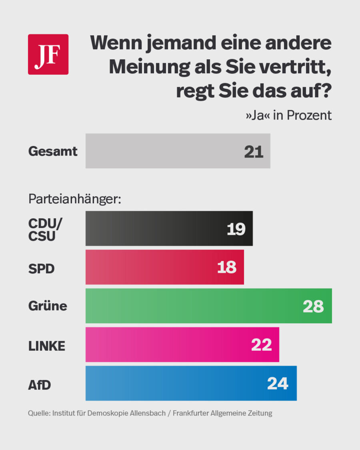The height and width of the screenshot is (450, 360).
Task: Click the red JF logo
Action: pyautogui.click(x=48, y=54)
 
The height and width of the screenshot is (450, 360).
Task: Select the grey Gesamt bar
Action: pyautogui.click(x=178, y=151)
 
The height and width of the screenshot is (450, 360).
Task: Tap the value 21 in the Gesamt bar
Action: pyautogui.click(x=254, y=152)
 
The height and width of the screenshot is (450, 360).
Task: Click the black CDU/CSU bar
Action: pyautogui.click(x=169, y=228)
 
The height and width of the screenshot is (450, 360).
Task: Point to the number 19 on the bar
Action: pyautogui.click(x=236, y=229)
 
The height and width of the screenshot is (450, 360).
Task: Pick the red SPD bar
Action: pyautogui.click(x=164, y=267)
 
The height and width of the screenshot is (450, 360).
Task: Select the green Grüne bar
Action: pyautogui.click(x=208, y=306)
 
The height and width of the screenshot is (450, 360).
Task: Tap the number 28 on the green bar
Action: pyautogui.click(x=313, y=306)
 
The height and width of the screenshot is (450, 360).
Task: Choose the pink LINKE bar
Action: pyautogui.click(x=182, y=344)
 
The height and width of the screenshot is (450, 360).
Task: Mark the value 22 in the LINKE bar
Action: pyautogui.click(x=262, y=345)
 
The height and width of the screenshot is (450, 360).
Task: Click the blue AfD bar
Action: pyautogui.click(x=191, y=383)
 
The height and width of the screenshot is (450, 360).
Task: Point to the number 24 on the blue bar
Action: pyautogui.click(x=278, y=384)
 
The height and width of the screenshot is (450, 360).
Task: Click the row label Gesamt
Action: pyautogui.click(x=53, y=152)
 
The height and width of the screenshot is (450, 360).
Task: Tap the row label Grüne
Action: pyautogui.click(x=48, y=306)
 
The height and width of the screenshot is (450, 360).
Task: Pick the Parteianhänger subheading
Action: pyautogui.click(x=74, y=199)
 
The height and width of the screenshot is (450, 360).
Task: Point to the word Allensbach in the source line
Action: pyautogui.click(x=148, y=413)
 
